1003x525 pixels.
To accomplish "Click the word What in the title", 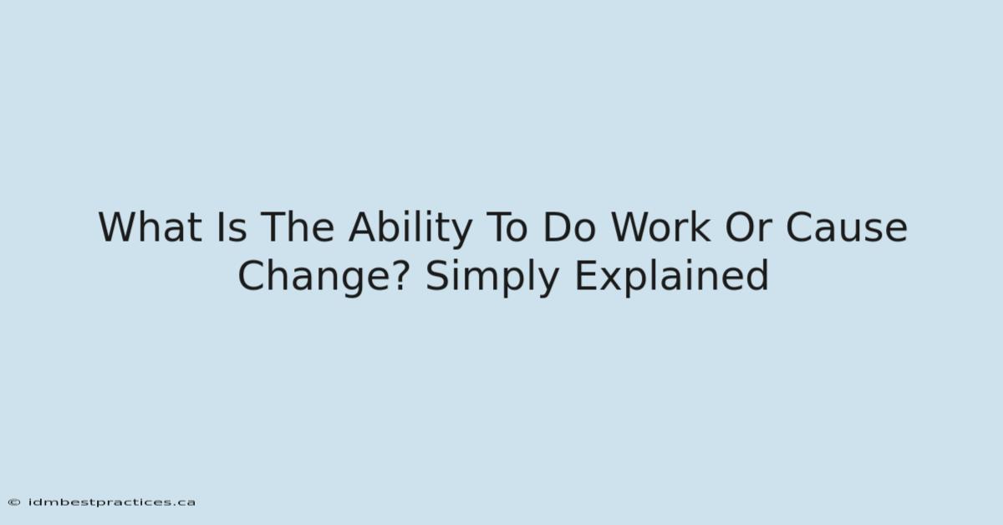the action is (150, 227).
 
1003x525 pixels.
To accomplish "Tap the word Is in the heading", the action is (232, 227).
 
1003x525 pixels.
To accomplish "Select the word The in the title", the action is (298, 227).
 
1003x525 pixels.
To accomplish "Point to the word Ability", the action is (410, 229).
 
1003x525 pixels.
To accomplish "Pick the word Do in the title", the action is (569, 227).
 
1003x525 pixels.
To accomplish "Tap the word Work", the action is (661, 227).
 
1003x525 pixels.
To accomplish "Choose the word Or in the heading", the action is (748, 227).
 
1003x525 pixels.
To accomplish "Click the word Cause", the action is (847, 227).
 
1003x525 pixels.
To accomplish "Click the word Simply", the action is (492, 278).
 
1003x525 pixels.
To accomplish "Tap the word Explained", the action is (671, 276).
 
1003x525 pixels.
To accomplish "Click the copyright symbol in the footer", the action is (14, 502).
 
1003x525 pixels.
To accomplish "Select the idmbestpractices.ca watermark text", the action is (111, 503).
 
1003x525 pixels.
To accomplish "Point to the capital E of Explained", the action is (584, 276).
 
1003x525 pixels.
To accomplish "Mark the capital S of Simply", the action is (436, 276).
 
